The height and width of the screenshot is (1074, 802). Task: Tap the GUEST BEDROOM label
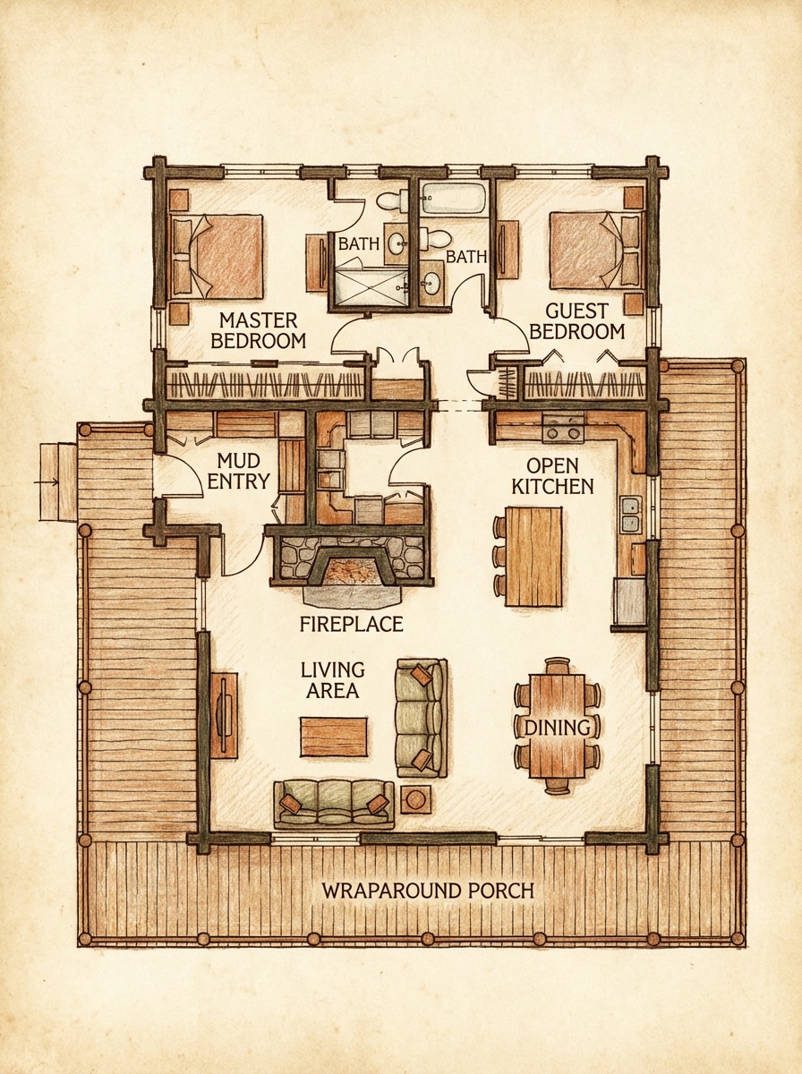(x=576, y=321)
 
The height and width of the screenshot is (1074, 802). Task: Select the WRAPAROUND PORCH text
(x=427, y=891)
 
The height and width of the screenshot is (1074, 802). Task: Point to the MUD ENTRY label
(x=238, y=471)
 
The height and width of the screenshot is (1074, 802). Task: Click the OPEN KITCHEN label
(x=559, y=476)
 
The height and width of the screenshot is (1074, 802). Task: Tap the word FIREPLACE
(x=351, y=624)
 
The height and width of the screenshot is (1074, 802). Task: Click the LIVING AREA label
(x=332, y=679)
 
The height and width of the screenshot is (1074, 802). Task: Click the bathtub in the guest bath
(x=453, y=198)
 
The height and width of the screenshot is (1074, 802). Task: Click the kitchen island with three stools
(x=533, y=556)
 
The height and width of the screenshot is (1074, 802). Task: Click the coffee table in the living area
(x=333, y=737)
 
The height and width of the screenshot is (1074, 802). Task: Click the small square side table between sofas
(x=415, y=798)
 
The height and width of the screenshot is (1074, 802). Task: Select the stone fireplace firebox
(x=352, y=568)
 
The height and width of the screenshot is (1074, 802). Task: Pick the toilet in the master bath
(x=391, y=199)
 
